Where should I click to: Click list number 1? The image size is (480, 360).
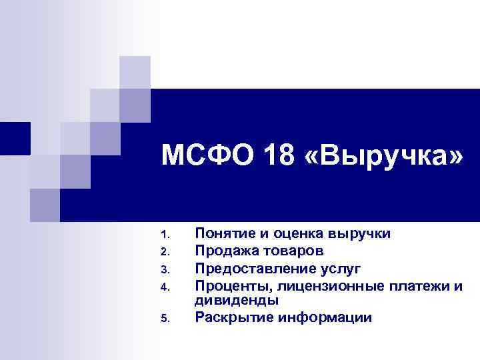coord(166,235)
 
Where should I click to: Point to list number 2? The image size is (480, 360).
coord(166,252)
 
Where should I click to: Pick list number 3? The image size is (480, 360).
coord(166,269)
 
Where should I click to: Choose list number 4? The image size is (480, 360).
coord(166,287)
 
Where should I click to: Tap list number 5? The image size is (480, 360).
coord(166,318)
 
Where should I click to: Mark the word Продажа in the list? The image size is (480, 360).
coord(223,251)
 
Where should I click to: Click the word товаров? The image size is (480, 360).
coord(291,251)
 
